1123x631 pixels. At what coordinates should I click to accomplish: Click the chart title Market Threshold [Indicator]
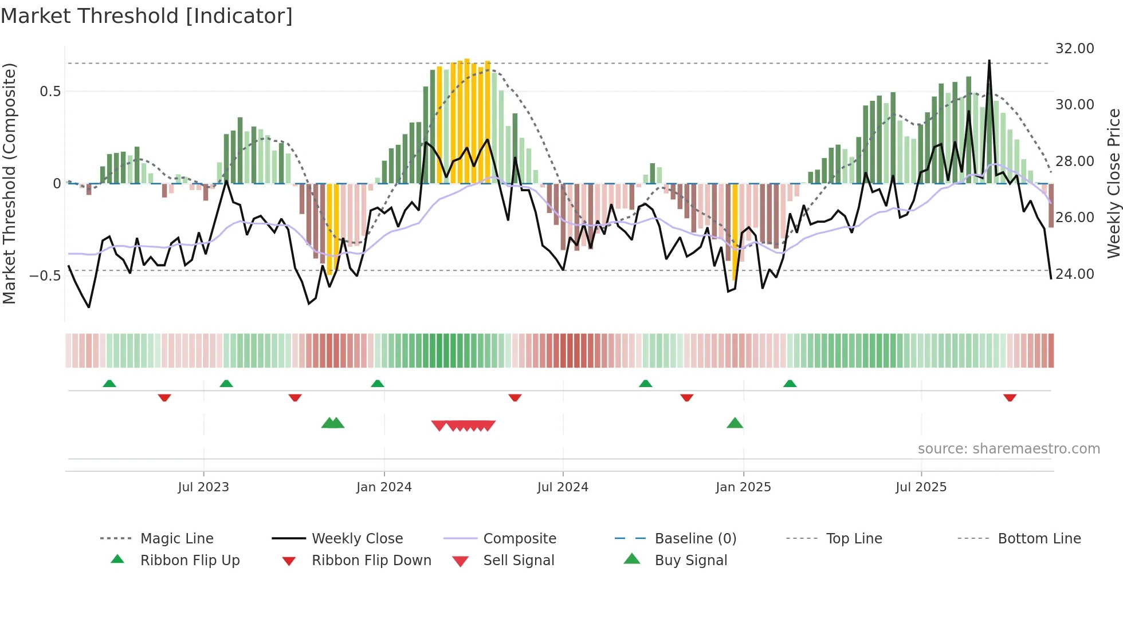[147, 16]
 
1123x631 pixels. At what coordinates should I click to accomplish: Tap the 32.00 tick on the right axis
[1074, 49]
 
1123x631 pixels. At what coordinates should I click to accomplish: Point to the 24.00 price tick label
[1074, 274]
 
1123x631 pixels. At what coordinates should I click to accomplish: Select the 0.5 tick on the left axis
[50, 92]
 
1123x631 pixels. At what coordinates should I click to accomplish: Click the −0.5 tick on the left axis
[45, 276]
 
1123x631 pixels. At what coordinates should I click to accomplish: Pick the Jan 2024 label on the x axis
[384, 487]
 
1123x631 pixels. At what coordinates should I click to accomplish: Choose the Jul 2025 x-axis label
[921, 487]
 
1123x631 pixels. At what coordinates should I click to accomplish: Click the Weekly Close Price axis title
[1113, 183]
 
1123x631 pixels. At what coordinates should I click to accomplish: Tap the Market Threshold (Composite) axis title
[9, 183]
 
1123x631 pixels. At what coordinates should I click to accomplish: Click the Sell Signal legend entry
[519, 561]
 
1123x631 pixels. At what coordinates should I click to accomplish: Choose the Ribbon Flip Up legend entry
[190, 561]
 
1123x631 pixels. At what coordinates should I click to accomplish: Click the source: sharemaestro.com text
[1008, 449]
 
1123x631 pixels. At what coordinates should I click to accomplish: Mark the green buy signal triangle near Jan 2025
[735, 424]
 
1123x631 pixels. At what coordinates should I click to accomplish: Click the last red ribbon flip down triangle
[1010, 397]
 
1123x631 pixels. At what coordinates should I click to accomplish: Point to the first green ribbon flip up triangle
[109, 384]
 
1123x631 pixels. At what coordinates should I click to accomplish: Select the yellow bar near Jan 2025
[735, 231]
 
